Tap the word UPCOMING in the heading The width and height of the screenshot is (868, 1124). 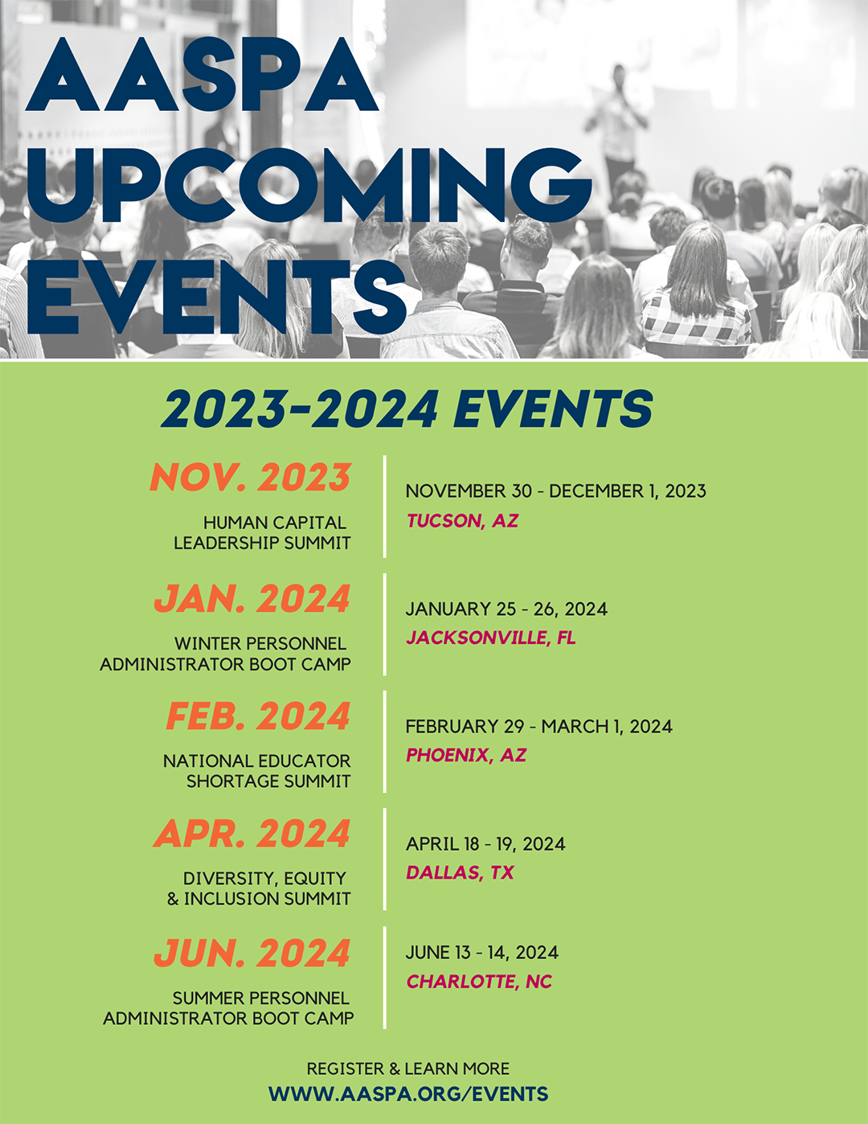pos(309,186)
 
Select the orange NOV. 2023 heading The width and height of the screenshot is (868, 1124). pos(250,477)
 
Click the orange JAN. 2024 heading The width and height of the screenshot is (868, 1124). pos(252,598)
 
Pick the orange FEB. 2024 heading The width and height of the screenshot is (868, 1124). pos(259,716)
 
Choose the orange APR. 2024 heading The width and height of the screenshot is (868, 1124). pos(252,833)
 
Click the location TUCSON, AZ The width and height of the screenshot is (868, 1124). pos(462,521)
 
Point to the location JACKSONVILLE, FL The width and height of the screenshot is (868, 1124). pos(491,638)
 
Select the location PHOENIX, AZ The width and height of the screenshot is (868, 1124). pos(466,755)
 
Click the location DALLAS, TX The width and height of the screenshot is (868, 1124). pos(460,872)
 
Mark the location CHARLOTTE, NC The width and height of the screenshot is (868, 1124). pos(479,981)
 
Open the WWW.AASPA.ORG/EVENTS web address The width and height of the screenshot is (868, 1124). pos(408,1094)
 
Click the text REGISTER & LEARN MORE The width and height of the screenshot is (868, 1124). pos(408,1069)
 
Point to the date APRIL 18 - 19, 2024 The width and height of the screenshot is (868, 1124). pos(485,844)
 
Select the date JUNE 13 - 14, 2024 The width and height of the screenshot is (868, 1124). pos(481,953)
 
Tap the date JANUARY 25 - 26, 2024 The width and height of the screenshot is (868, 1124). pos(506,609)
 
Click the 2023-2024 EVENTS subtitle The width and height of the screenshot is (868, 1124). pos(407,408)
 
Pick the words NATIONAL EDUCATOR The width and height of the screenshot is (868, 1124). pos(257,761)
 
